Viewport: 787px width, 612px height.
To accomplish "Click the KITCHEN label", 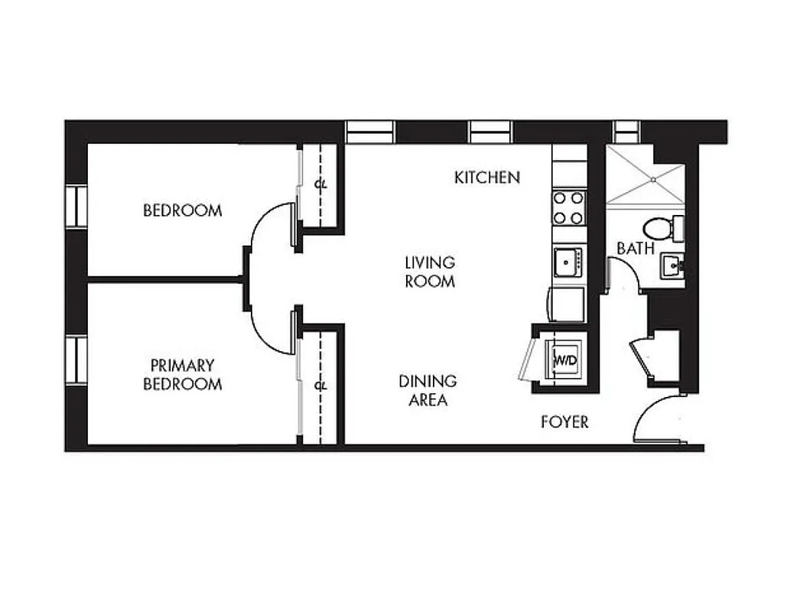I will click(487, 177).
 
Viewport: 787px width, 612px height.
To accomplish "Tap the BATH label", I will click(636, 248).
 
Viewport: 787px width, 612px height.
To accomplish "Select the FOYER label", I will click(564, 422).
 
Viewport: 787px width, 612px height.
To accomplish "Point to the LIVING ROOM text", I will click(430, 272).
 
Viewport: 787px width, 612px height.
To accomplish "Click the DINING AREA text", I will click(428, 390).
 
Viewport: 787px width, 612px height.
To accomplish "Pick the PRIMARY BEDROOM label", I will click(182, 375).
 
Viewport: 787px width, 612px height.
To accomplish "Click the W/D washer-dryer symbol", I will click(564, 359).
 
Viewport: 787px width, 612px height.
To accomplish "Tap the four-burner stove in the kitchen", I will click(568, 207).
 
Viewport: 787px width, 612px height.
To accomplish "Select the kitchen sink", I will click(567, 262).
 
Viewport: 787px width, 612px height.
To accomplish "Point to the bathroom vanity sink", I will click(672, 267).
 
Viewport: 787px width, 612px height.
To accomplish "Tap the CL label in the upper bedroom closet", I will click(320, 184).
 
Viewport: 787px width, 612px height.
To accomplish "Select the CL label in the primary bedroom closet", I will click(320, 386).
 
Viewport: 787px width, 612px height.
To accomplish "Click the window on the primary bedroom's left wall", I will click(76, 360).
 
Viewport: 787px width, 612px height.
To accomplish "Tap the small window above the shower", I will click(626, 132).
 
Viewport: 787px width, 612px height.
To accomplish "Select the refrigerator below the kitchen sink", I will click(567, 304).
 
